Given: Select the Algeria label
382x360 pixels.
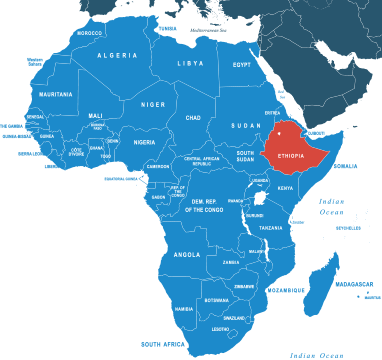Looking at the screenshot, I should (x=117, y=56).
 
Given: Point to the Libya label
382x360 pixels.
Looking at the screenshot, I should (x=190, y=63).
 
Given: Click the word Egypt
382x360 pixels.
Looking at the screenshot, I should (x=242, y=64).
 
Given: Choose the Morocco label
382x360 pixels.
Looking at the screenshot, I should (x=90, y=33).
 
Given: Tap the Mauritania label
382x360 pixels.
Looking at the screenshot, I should (x=56, y=94).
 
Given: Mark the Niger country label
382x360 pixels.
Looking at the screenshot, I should (x=152, y=103).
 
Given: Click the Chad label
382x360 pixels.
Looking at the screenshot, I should (x=193, y=117).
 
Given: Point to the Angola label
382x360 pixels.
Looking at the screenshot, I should (x=187, y=255).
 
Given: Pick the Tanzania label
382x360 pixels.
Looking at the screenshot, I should (x=271, y=229).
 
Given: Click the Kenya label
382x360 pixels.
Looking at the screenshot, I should (x=285, y=188).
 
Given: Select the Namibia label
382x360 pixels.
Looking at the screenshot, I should (x=184, y=309).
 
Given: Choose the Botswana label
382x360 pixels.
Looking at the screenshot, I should (x=216, y=300).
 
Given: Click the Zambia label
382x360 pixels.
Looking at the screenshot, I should (x=231, y=263).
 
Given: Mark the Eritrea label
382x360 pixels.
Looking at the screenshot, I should (x=273, y=113).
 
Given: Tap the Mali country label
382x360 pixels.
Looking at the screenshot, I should (x=96, y=115).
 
